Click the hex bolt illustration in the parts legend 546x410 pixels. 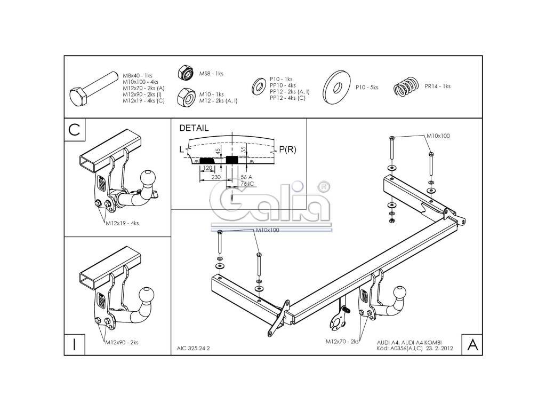click(x=93, y=88)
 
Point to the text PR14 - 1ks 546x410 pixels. click(x=437, y=86)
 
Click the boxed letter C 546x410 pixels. click(x=75, y=130)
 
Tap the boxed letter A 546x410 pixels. click(x=472, y=345)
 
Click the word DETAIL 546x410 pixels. click(x=194, y=128)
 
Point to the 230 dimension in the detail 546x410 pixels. click(x=216, y=177)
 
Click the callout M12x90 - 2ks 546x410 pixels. click(x=122, y=342)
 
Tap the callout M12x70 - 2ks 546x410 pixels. click(x=341, y=340)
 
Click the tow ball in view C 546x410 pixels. click(x=148, y=177)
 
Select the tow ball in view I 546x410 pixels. click(x=147, y=294)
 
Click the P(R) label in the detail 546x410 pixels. click(x=287, y=149)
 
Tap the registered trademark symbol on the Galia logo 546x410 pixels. click(x=323, y=186)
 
